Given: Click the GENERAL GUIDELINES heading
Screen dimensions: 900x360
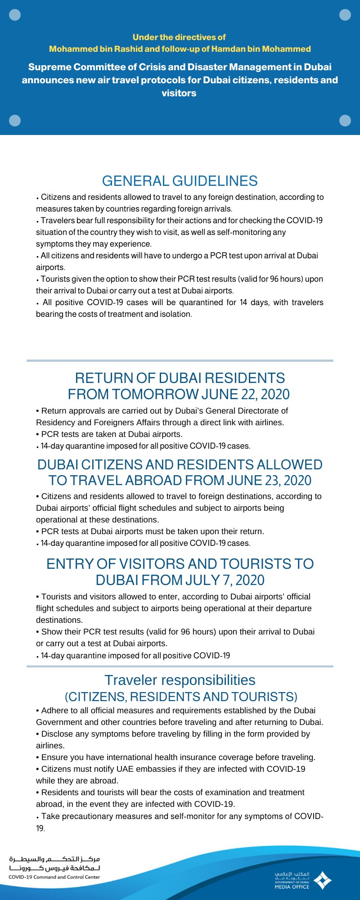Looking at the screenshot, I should [180, 181].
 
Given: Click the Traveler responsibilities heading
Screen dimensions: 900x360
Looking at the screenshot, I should [180, 680].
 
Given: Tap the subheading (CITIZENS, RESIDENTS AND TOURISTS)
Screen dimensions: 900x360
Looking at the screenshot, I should [181, 697].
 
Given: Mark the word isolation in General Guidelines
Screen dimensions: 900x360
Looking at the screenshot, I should [175, 314].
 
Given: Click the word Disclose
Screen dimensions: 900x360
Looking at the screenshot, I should [57, 734].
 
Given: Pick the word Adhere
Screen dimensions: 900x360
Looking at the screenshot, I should [54, 711].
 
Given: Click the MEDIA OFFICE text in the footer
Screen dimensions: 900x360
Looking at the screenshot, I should [292, 887].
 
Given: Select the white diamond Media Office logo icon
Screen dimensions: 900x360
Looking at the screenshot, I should [322, 880].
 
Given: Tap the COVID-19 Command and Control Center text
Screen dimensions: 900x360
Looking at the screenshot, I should [54, 877].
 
